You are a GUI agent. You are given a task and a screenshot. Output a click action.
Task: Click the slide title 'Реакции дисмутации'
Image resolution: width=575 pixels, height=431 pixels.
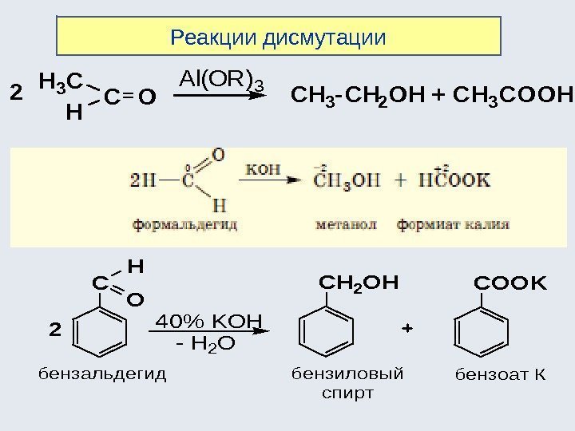point(279,37)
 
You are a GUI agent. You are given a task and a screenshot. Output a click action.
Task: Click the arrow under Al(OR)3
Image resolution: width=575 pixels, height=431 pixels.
point(220,97)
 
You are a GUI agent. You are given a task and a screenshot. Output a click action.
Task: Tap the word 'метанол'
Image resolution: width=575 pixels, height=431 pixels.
point(346,227)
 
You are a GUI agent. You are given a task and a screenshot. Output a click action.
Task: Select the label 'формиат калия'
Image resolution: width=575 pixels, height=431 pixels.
point(444,227)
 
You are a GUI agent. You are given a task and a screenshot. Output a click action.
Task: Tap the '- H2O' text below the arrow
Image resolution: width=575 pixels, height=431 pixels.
point(205,344)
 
